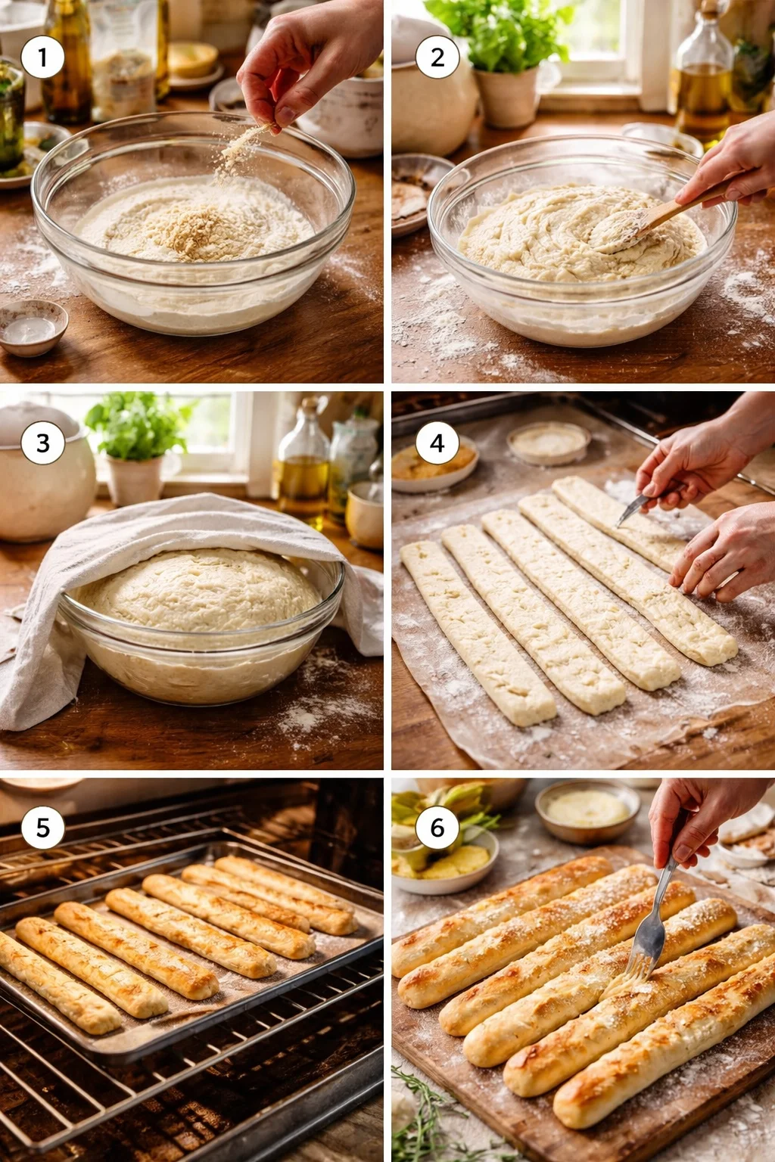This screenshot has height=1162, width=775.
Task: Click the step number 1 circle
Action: point(42,57)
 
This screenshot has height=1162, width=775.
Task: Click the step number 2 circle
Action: point(437,57)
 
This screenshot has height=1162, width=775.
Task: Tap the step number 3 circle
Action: point(42,443)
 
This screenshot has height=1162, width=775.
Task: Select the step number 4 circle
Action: point(437,443)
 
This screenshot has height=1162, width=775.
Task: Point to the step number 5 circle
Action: point(42,828)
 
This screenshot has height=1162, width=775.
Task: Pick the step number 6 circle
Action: point(437,828)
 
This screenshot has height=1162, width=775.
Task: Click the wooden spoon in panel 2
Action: point(651,219)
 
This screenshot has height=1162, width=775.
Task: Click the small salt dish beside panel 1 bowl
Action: point(32,327)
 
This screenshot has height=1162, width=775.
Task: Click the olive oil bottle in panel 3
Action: point(303,469)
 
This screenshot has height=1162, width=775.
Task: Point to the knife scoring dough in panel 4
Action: point(634,508)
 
